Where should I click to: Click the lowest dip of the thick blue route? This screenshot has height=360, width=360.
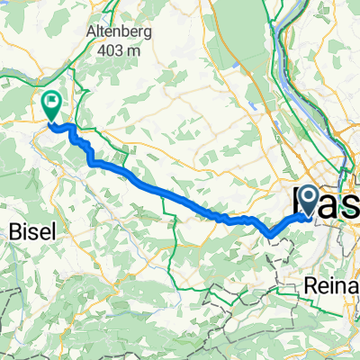click(x=270, y=237)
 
